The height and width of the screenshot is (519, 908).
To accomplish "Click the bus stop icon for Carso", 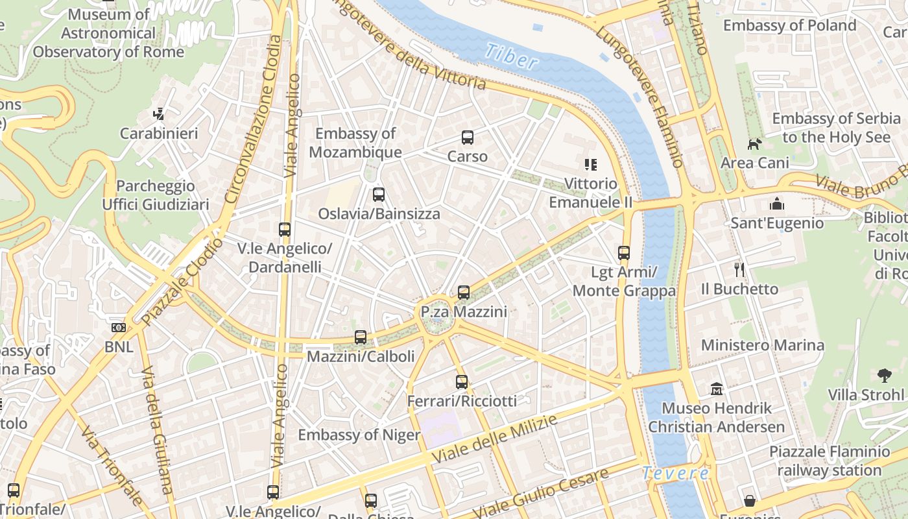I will pos(467,138).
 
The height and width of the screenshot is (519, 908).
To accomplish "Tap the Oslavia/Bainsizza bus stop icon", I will pos(379,195).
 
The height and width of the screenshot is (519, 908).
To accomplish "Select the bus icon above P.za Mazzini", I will pos(463,293).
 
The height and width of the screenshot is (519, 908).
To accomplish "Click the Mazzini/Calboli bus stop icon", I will pos(361,337).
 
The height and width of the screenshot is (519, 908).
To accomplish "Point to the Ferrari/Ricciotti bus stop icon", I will pos(461,382).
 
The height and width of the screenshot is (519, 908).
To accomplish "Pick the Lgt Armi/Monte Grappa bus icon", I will pos(624,253).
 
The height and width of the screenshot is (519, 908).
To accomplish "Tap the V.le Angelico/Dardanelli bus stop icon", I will pos(284,230).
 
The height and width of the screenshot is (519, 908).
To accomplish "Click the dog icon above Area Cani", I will pos(754,144).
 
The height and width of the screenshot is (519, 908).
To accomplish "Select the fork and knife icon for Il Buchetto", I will pos(739,269).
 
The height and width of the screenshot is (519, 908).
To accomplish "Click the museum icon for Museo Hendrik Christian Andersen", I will pos(717,389).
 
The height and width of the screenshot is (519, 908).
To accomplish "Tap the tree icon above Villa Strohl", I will pos(883,375).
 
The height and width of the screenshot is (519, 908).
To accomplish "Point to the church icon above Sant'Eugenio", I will pos(777,204).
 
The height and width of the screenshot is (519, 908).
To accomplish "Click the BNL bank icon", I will pos(119,328).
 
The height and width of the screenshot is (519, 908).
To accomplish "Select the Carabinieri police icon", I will pos(158,114).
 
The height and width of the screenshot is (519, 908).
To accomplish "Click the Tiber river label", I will pos(512,56).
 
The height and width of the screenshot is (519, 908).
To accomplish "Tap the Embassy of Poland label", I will pos(789,25).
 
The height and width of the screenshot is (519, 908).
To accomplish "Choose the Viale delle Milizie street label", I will pos(494,440).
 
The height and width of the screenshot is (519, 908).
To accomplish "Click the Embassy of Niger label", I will pos(359,435).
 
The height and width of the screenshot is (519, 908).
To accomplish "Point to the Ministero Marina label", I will pos(762,345).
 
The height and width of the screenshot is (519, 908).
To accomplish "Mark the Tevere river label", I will pos(676,474).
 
